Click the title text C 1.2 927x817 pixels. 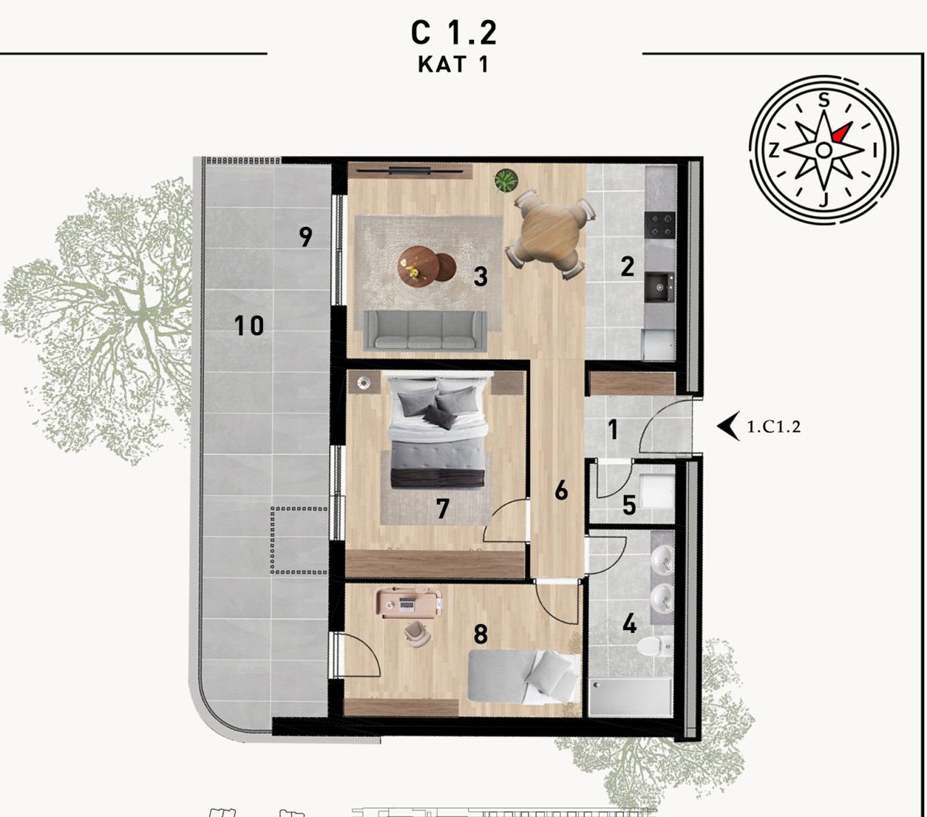point(453,33)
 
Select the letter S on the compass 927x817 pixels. point(824,99)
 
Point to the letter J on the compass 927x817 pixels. point(824,199)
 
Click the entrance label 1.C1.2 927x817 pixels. point(774,427)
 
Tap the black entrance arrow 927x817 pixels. point(728,426)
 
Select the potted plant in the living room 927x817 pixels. point(506,181)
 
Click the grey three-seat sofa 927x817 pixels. point(425,330)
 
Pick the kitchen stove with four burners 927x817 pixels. point(660,225)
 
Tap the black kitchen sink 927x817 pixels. point(659,287)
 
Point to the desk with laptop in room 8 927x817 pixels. point(409,603)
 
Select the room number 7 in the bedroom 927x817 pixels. point(443,509)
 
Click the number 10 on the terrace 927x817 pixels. point(249,325)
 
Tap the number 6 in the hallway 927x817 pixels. point(561,491)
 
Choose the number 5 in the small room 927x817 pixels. point(629,506)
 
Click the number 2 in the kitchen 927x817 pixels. point(628,267)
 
